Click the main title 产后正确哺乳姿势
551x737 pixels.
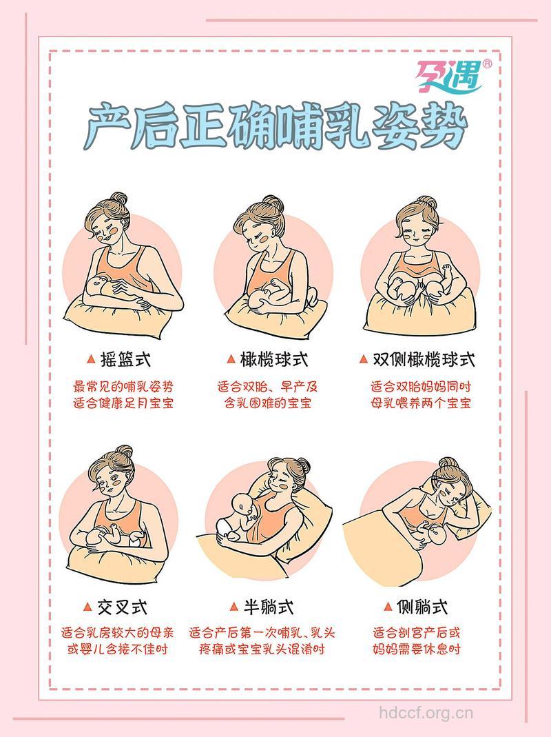pyautogui.click(x=275, y=127)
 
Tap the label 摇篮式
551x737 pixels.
pyautogui.click(x=125, y=359)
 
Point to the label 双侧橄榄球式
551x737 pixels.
pyautogui.click(x=424, y=359)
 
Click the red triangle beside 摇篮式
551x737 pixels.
pyautogui.click(x=90, y=359)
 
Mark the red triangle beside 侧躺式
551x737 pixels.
pyautogui.click(x=388, y=607)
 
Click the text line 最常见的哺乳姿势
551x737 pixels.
pyautogui.click(x=123, y=386)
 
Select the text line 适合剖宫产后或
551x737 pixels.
pyautogui.click(x=417, y=632)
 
